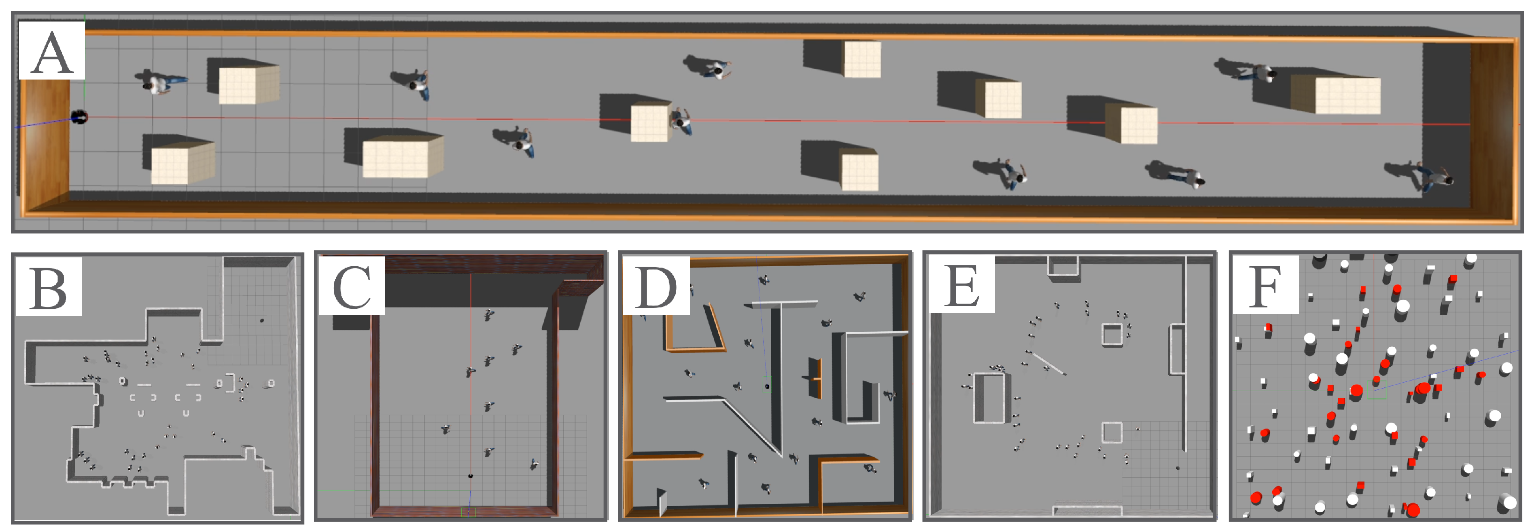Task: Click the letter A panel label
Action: pos(52,52)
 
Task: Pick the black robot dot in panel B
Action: pos(262,320)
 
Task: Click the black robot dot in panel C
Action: pos(471,476)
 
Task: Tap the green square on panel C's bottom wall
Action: pos(469,511)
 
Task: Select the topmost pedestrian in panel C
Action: pos(488,314)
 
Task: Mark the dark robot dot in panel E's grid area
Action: pos(1177,468)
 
